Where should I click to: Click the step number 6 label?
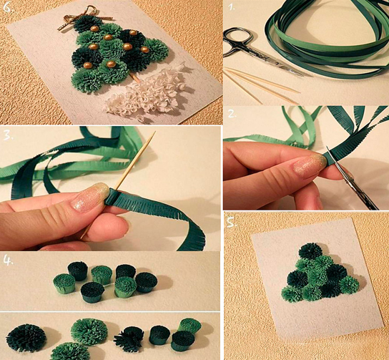tap(8, 7)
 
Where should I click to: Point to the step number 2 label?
tap(232, 114)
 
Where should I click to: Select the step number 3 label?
tap(8, 135)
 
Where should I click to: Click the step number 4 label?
tap(8, 261)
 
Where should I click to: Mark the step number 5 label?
tap(232, 223)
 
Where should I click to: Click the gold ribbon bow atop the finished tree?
tap(82, 19)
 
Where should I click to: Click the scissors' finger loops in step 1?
tap(237, 40)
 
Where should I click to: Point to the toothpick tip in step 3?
tap(154, 132)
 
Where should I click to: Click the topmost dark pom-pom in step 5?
tap(310, 250)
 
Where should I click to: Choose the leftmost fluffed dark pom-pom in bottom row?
tap(26, 338)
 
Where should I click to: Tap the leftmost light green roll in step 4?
tap(64, 283)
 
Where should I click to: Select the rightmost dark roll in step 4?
tap(147, 282)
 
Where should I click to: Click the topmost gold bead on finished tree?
tap(94, 29)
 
